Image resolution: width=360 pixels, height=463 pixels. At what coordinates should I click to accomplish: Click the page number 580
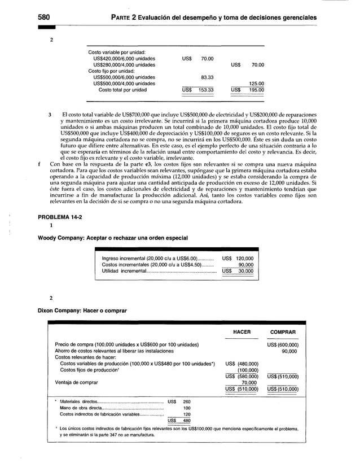45,18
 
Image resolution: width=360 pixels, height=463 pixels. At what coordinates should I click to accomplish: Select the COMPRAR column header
283,332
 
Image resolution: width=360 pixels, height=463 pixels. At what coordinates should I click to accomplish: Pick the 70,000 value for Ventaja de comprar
245,382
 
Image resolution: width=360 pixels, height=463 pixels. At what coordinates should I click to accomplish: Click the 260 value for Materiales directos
187,401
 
